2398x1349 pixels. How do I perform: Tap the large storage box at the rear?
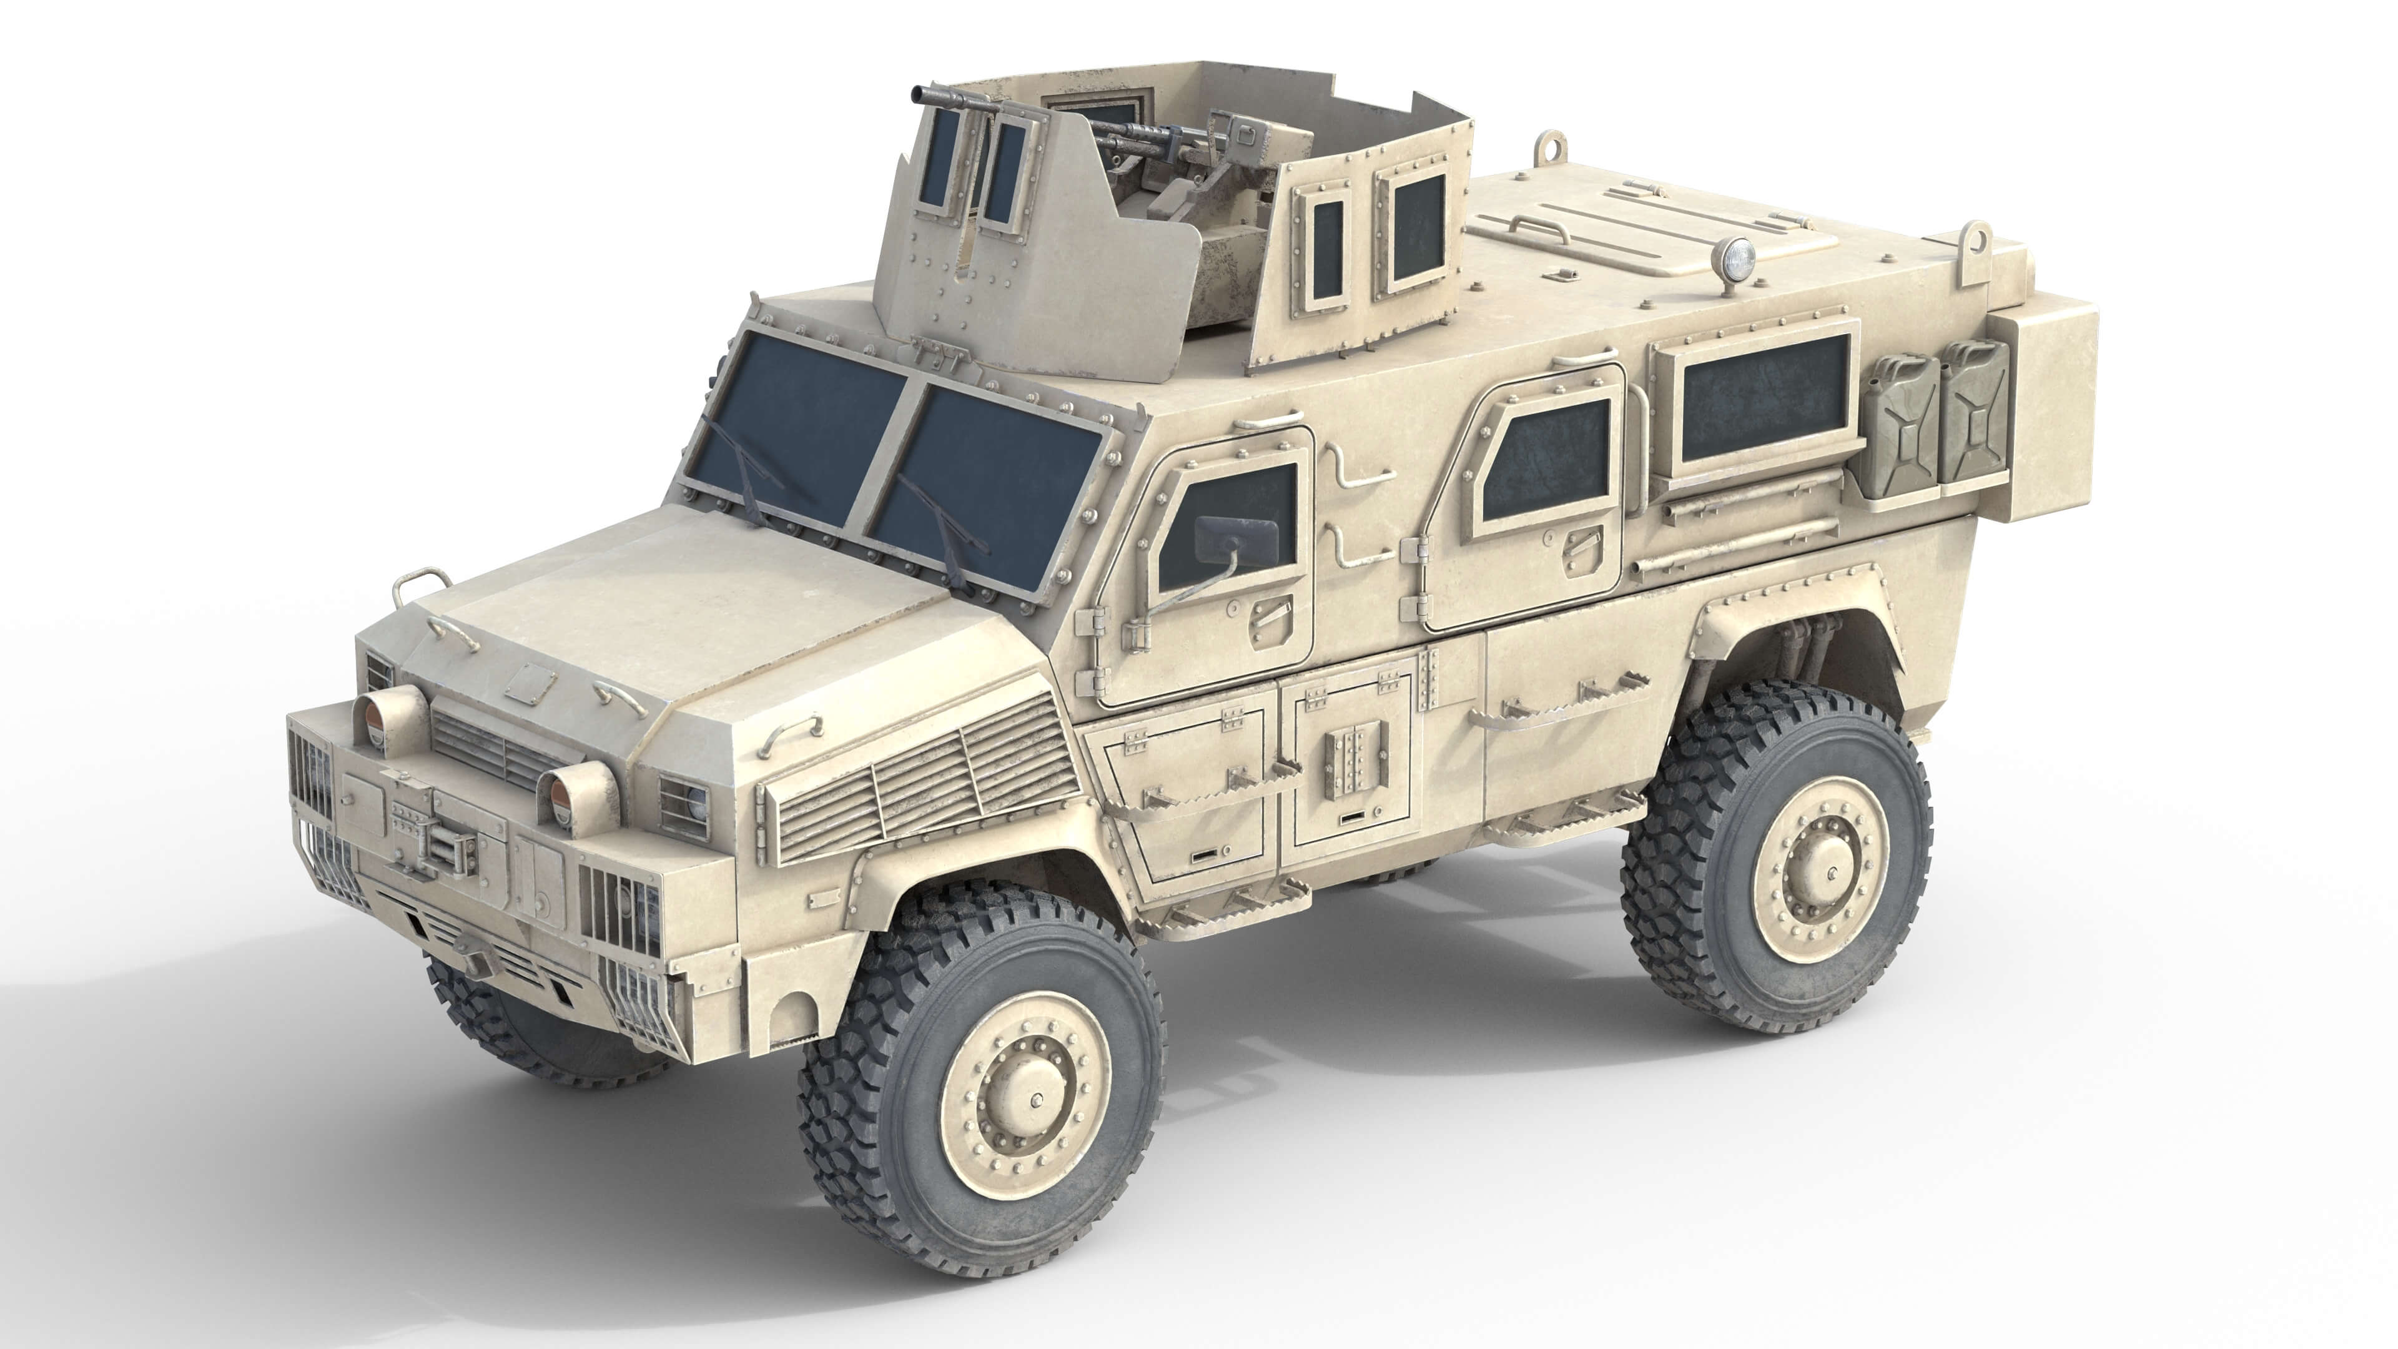click(2048, 414)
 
